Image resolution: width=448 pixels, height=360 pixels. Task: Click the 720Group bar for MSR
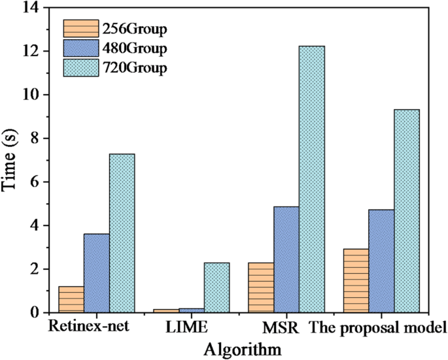(311, 179)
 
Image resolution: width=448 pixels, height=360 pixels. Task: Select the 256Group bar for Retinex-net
(71, 299)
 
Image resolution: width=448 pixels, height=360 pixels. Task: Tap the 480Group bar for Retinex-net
(96, 273)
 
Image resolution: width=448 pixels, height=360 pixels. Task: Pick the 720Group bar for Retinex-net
(122, 233)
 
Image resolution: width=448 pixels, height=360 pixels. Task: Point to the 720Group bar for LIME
(216, 287)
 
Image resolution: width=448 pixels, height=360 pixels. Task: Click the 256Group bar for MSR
(261, 287)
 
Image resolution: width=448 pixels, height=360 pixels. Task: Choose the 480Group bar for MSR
(286, 259)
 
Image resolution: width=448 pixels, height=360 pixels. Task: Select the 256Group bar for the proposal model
(356, 280)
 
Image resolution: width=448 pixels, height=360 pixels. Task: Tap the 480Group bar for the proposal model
(381, 261)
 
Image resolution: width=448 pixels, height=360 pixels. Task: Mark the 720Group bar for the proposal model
(407, 210)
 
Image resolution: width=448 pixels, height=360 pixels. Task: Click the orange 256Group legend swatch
(80, 29)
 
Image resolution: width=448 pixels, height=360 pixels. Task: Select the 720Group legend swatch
(80, 67)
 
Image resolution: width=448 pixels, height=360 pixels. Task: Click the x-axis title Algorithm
(243, 349)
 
